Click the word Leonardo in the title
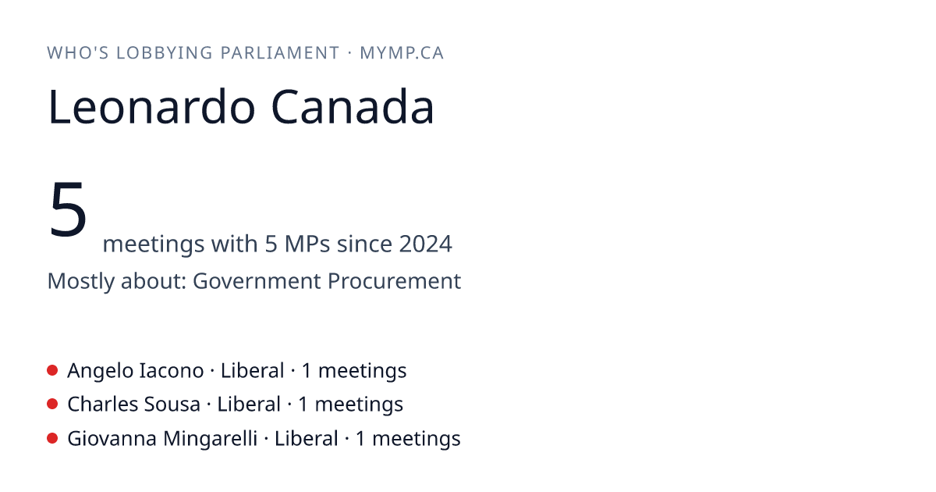151,107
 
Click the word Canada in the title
353,107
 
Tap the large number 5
68,209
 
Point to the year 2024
425,244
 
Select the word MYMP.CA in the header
402,53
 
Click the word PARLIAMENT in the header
279,53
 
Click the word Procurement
394,280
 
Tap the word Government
256,280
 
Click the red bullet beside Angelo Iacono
52,370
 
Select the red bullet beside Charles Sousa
52,405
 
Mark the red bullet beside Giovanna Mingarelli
52,438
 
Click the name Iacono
171,371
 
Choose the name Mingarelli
210,438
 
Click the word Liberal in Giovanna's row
306,438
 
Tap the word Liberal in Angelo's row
253,371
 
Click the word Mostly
81,281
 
